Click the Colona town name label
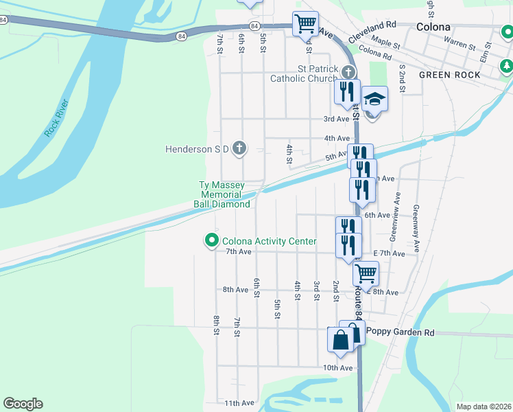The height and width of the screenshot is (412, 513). click(433, 27)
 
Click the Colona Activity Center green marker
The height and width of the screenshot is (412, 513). click(211, 240)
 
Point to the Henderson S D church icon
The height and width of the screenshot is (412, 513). click(239, 148)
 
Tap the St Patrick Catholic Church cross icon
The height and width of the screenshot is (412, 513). click(348, 73)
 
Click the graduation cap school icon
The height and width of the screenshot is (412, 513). click(374, 100)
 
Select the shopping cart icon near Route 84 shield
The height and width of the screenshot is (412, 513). click(305, 23)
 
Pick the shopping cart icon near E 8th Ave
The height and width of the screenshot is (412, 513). click(366, 273)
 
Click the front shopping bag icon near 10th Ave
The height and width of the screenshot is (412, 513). click(342, 341)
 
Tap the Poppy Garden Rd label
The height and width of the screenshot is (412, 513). click(401, 332)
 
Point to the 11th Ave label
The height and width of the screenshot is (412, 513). click(239, 403)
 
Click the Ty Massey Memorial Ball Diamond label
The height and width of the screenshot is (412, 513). click(224, 194)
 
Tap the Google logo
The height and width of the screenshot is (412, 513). click(23, 404)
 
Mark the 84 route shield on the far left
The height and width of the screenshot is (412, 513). click(4, 20)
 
